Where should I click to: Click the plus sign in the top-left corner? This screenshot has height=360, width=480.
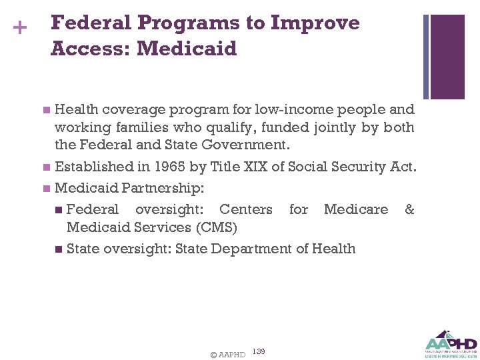(x=20, y=29)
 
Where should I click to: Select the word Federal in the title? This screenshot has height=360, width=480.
(x=90, y=23)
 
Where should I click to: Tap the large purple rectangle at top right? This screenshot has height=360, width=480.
(x=447, y=57)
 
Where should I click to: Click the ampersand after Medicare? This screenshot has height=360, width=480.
(x=409, y=209)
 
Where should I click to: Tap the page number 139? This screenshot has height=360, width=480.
(x=259, y=351)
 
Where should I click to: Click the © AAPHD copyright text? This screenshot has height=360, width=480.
(x=227, y=355)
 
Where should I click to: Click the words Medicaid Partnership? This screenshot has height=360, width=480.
(x=129, y=188)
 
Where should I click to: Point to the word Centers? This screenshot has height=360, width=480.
(x=245, y=209)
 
